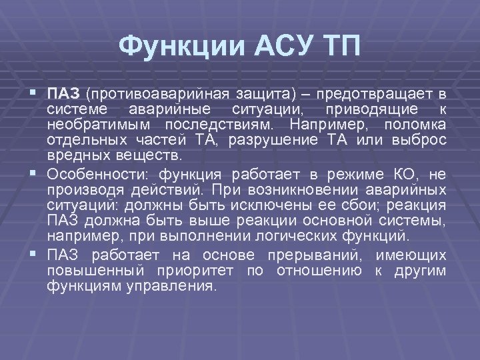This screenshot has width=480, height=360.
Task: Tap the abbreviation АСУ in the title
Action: (x=270, y=47)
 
